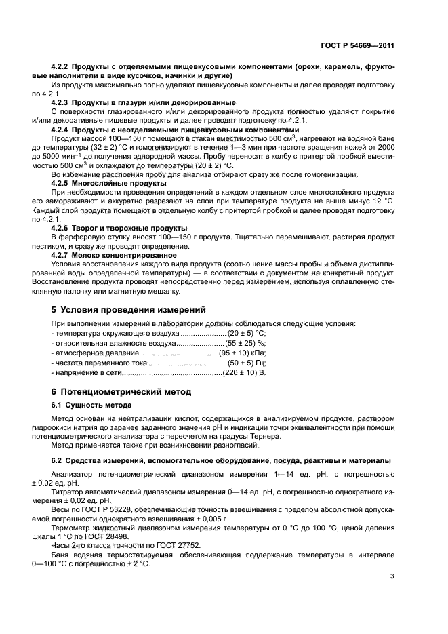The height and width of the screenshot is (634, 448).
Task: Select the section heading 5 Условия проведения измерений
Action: [128, 309]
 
